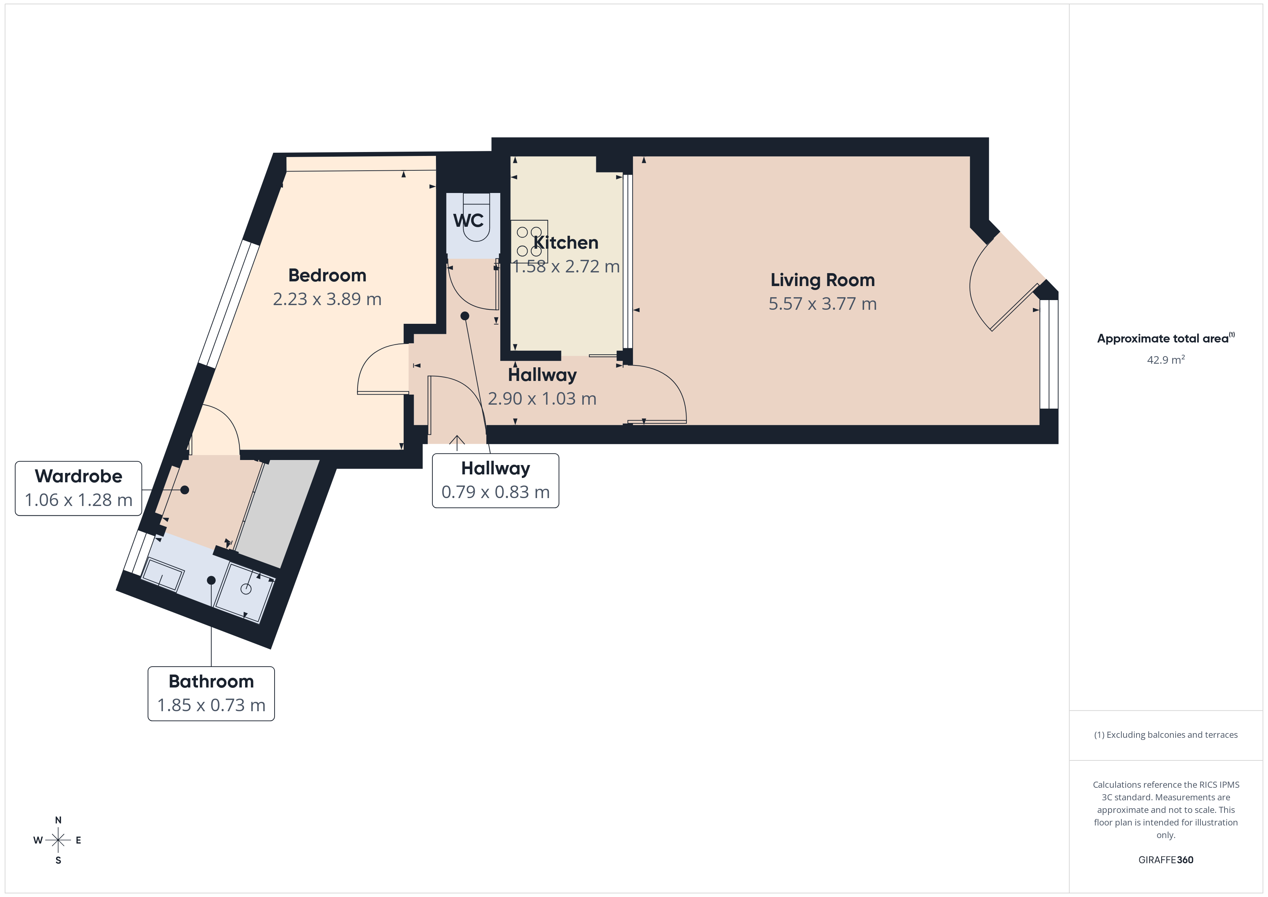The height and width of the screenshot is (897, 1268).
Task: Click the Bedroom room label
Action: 327,275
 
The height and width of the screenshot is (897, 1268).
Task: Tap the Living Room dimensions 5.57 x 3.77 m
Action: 822,304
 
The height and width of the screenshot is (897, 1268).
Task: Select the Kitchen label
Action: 565,243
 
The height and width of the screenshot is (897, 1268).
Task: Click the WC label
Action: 468,220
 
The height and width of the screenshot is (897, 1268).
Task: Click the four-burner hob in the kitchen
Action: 529,241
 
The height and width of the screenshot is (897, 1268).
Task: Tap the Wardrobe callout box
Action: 78,488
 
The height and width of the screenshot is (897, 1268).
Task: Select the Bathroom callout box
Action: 211,693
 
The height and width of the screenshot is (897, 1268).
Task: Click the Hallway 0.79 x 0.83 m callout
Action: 495,480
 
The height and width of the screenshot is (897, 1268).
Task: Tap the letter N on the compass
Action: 58,820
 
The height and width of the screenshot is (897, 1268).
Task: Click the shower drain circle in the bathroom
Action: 246,589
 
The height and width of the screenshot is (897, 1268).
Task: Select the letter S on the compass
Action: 58,860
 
